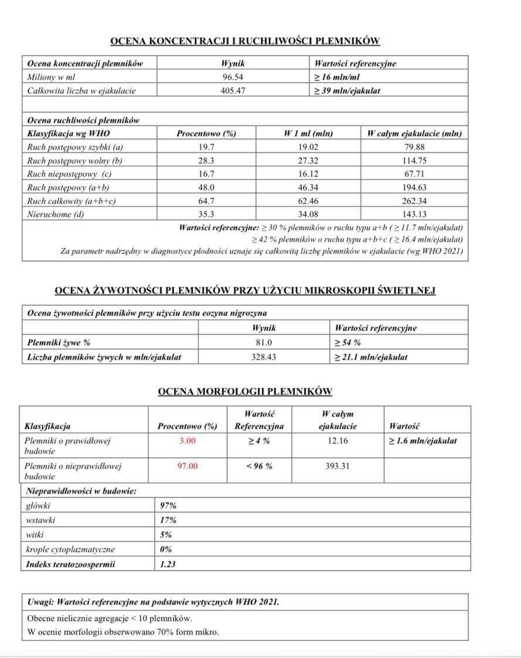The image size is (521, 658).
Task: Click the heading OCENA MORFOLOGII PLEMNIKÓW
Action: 245,391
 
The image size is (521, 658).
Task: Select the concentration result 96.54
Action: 233,77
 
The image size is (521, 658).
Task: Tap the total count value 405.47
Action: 233,91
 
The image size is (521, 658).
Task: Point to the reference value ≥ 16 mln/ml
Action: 338,77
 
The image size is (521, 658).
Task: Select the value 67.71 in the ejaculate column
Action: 414,174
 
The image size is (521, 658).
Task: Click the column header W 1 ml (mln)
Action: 308,133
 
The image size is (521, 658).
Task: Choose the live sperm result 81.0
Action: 264,342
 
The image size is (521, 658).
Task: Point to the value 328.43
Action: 264,357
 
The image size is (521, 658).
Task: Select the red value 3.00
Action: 187,440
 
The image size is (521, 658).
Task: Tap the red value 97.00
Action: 188,466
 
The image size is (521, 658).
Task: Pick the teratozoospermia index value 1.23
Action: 168,564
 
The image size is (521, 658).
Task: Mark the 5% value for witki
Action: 166,535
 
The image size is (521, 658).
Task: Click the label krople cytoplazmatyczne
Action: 70,550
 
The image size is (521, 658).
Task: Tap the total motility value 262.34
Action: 414,201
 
